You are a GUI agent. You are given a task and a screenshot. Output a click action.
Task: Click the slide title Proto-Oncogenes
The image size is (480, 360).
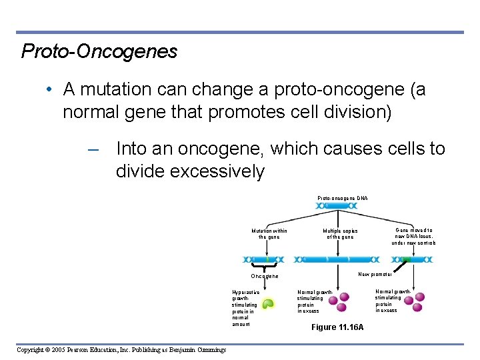coord(99,51)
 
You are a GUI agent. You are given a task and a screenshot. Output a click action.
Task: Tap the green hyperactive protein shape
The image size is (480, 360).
coord(267,304)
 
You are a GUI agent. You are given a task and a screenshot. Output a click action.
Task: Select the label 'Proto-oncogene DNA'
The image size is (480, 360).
coord(342,198)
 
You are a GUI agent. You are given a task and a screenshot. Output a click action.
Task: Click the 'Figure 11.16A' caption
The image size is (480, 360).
coord(338,327)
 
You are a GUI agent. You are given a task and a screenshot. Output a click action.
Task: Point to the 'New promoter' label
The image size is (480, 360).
coord(375,274)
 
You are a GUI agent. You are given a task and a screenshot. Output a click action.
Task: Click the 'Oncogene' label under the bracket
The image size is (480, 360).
coord(265,276)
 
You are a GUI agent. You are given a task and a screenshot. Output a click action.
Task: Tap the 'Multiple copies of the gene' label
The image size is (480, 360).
coord(339,233)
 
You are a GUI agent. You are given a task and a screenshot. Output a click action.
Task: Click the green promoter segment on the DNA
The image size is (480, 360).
coord(406,259)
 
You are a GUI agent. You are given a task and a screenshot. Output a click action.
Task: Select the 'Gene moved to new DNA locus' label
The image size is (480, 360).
coord(413,236)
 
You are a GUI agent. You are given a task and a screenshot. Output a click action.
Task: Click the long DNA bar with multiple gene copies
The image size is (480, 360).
coord(337,259)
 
